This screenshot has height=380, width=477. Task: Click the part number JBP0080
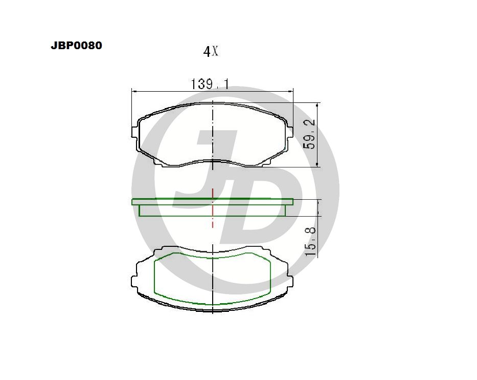[76, 46]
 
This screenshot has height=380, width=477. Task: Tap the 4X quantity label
[211, 52]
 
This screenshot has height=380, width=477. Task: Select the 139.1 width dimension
[210, 84]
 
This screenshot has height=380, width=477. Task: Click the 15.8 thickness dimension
[310, 241]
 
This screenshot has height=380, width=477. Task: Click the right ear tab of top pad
[290, 132]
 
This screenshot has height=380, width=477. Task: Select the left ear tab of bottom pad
[134, 281]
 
